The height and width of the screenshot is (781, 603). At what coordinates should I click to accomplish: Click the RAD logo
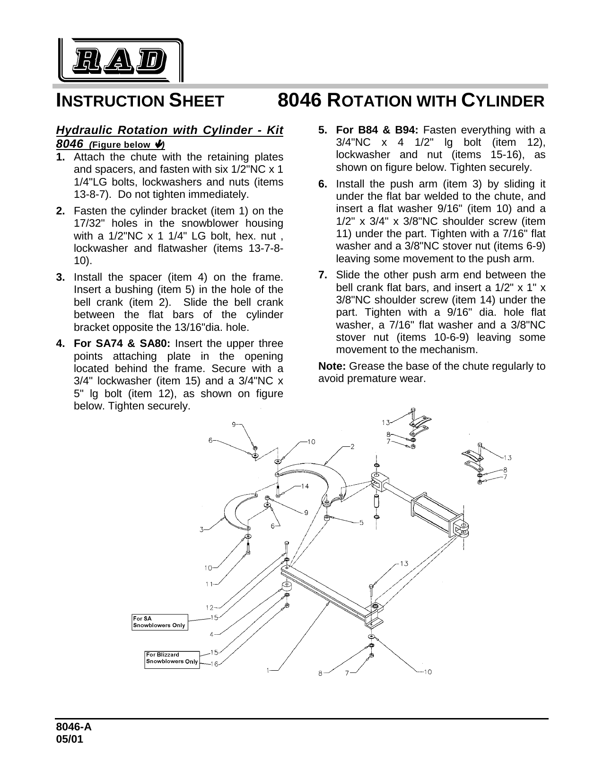click(x=121, y=60)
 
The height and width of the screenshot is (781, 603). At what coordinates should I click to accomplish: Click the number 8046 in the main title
click(x=299, y=101)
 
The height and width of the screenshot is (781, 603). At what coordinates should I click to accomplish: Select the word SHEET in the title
click(x=196, y=101)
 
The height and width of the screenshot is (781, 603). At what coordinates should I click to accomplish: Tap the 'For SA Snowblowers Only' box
click(x=160, y=622)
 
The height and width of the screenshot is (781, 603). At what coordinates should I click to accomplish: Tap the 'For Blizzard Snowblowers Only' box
click(x=172, y=659)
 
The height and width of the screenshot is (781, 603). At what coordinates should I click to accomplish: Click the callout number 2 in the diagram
click(x=352, y=447)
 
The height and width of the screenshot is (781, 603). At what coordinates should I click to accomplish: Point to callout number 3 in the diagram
click(x=201, y=529)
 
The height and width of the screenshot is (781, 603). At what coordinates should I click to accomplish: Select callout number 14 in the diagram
click(x=305, y=486)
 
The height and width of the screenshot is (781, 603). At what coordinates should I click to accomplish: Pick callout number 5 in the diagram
click(x=361, y=523)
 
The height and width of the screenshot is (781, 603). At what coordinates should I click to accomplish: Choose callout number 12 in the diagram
click(x=209, y=608)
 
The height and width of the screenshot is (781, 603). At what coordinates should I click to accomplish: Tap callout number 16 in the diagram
click(x=214, y=664)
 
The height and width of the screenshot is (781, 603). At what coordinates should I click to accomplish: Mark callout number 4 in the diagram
click(x=211, y=634)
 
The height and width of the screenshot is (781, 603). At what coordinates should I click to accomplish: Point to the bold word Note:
click(x=332, y=366)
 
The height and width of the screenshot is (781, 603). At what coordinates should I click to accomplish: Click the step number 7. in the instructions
click(x=323, y=275)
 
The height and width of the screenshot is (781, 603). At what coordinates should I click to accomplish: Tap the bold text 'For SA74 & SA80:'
click(x=122, y=344)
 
